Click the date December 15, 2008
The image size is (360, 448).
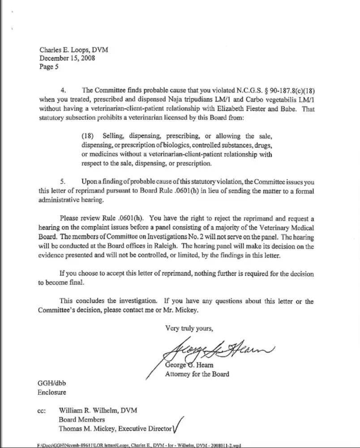click(67, 58)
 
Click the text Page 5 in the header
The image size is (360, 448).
click(49, 67)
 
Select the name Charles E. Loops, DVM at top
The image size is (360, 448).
click(73, 50)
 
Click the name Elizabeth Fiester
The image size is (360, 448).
click(244, 108)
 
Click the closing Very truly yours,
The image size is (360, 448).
click(189, 328)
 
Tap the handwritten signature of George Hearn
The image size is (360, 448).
click(215, 351)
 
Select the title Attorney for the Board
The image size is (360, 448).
click(197, 374)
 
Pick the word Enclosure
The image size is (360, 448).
click(52, 392)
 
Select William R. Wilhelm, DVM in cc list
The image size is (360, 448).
click(98, 411)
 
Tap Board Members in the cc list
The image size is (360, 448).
click(82, 420)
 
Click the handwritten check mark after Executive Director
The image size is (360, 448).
click(179, 424)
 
